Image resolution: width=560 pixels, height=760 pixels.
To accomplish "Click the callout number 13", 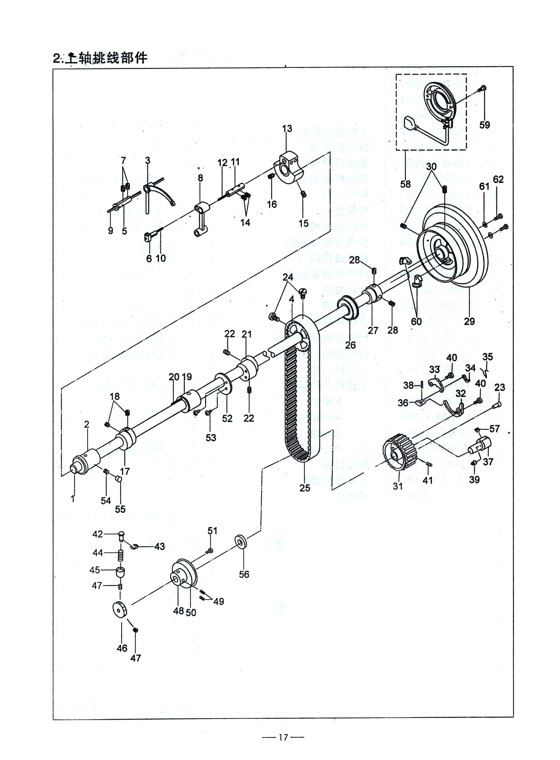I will (x=287, y=129).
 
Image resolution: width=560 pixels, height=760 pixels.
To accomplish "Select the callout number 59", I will (x=485, y=125).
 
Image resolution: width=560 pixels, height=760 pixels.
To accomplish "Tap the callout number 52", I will (x=227, y=419).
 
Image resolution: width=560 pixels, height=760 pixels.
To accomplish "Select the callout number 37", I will (x=488, y=462).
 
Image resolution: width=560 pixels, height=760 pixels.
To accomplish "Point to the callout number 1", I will (x=72, y=499).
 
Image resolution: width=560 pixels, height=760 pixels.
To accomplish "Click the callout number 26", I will (x=350, y=345).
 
